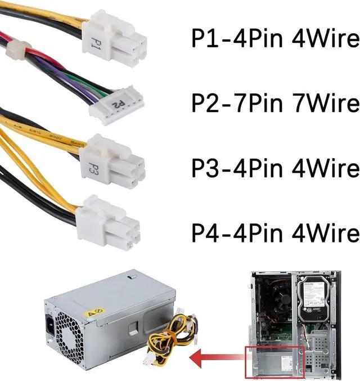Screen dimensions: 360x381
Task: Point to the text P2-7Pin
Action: [228, 104]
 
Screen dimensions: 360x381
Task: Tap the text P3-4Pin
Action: [228, 168]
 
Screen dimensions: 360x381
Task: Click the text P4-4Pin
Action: [228, 232]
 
